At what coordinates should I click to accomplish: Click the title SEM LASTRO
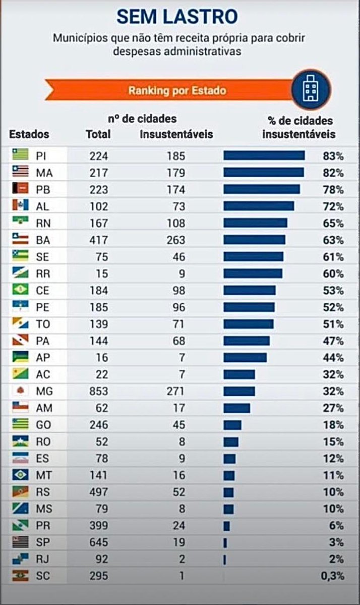point(177,17)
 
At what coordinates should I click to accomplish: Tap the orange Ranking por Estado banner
point(176,91)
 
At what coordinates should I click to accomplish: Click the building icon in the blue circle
point(310,90)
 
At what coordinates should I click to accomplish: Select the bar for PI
point(264,155)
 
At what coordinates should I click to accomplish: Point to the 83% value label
point(333,156)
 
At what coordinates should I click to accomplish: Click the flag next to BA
point(21,240)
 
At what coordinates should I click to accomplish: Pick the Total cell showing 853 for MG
point(98,391)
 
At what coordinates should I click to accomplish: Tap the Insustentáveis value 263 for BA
point(175,240)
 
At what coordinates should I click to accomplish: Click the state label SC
point(43,576)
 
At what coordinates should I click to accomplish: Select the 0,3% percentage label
point(332,576)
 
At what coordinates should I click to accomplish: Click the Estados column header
point(29,134)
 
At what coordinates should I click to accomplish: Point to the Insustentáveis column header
point(176,134)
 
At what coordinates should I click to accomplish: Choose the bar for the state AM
point(236,408)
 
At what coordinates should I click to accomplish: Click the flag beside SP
point(21,542)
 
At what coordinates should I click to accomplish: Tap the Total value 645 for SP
point(98,542)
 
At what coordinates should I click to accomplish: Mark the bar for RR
point(253,273)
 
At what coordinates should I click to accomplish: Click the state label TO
point(43,324)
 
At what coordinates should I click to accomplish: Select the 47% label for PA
point(333,341)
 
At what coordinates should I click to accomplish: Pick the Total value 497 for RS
point(98,492)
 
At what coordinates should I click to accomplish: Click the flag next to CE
point(21,290)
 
